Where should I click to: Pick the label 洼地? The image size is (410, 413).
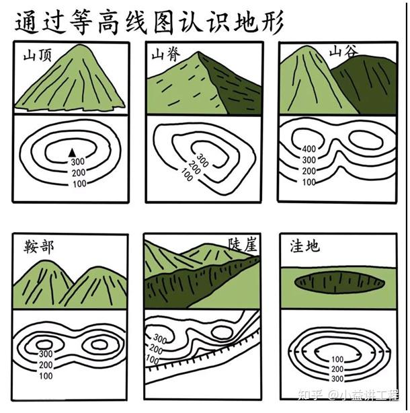304,246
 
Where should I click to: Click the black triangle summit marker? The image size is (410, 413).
72,151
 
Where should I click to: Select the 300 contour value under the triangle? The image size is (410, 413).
78,161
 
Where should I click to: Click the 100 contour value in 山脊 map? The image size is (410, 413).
186,177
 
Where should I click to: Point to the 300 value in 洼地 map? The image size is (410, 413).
337,379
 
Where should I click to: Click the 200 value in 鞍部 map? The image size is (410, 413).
46,365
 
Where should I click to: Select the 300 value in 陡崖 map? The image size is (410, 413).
160,339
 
